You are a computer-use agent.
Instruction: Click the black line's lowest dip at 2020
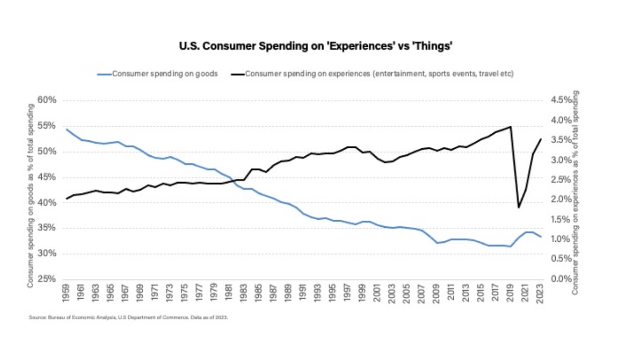coord(519,207)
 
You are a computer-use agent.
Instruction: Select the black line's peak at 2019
coord(511,127)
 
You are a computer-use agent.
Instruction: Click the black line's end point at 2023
coord(541,139)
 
